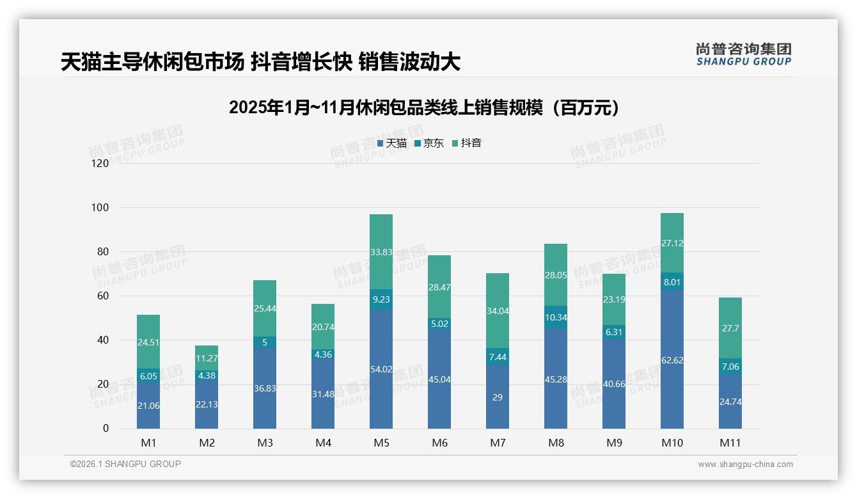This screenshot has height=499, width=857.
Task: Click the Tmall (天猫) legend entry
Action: tap(392, 143)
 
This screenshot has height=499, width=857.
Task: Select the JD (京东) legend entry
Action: tap(429, 143)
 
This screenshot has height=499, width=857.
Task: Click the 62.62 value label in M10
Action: tap(672, 360)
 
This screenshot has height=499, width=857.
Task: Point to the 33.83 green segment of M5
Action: tap(381, 252)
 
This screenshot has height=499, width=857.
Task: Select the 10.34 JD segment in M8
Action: tap(556, 317)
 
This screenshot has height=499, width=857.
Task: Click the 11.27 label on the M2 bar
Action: tap(207, 358)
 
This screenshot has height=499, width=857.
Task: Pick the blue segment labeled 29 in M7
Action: tap(498, 397)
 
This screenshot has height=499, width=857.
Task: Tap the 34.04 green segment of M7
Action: tap(498, 311)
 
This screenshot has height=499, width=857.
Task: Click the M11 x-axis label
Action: tap(730, 443)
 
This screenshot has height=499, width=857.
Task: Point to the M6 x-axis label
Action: tap(439, 443)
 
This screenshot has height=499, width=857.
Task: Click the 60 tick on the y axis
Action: tap(103, 296)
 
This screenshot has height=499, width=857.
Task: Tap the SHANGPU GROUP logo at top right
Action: tap(743, 54)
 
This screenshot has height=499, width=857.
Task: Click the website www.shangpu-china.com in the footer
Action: tap(745, 464)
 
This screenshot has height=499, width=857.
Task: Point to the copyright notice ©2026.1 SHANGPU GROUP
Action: tap(125, 464)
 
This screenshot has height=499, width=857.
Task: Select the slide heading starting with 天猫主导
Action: tap(260, 62)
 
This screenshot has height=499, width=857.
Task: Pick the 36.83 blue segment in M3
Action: tap(265, 388)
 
